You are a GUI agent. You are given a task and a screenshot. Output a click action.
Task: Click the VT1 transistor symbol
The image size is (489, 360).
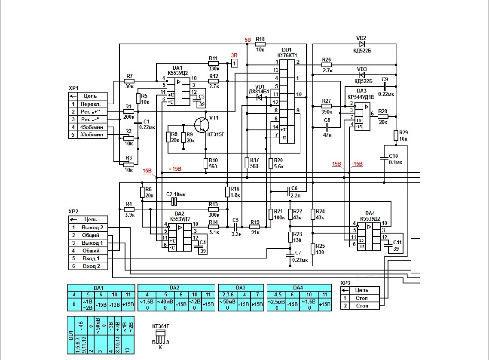201,125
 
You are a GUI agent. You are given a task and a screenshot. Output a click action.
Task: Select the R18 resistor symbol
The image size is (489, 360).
260,44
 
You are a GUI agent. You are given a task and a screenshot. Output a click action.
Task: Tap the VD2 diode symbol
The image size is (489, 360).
362,44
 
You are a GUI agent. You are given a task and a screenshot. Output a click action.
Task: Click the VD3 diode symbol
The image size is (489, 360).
362,75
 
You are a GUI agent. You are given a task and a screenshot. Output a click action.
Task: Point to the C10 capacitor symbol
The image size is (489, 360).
384,158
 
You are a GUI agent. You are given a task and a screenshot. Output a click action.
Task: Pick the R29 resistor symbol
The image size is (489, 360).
396,135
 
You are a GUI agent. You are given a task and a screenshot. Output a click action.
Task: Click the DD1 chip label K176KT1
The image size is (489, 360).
287,55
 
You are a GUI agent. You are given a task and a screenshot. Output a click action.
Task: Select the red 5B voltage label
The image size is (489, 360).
248,40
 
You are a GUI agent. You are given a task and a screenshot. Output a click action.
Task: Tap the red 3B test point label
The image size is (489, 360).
234,55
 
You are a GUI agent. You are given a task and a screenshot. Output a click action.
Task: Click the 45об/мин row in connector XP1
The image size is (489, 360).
88,127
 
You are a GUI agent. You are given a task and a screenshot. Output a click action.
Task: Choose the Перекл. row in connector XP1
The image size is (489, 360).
88,104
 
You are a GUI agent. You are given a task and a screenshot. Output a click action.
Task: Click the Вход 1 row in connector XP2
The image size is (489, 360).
88,258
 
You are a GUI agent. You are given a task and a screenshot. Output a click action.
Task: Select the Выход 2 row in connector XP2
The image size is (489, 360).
88,227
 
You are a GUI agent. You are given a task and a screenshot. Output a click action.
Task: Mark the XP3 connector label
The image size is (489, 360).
345,283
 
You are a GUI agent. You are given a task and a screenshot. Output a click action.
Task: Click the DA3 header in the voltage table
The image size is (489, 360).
241,288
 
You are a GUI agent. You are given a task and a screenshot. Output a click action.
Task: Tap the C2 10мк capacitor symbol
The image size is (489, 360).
174,202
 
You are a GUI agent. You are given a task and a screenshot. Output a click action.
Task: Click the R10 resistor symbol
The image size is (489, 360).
206,163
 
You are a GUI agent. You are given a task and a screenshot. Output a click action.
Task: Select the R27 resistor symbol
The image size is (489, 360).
327,106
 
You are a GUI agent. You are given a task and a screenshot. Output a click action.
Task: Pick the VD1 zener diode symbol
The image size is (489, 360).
259,97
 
